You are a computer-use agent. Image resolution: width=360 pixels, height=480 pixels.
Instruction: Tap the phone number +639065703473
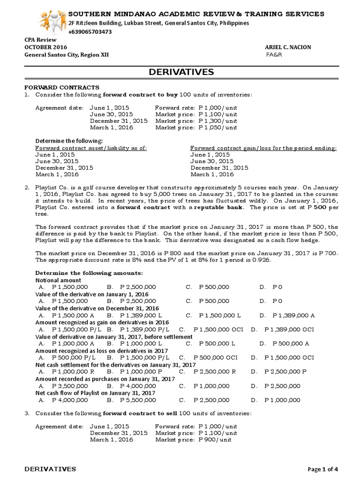(90, 32)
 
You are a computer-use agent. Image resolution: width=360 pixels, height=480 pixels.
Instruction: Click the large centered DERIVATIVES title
(181, 72)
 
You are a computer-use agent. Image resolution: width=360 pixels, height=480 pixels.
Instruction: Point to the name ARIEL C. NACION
(288, 47)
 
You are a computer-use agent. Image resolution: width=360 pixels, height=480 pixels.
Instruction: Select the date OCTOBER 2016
(45, 47)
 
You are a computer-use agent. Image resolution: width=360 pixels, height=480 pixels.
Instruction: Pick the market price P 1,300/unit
(218, 120)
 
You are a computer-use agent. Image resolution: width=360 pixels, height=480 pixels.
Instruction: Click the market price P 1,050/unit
(218, 127)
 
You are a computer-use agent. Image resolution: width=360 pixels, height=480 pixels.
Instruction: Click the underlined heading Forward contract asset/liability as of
(91, 148)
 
